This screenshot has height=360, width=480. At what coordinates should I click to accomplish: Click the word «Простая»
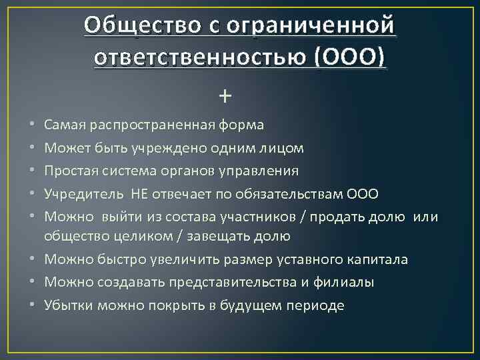pyautogui.click(x=67, y=171)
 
